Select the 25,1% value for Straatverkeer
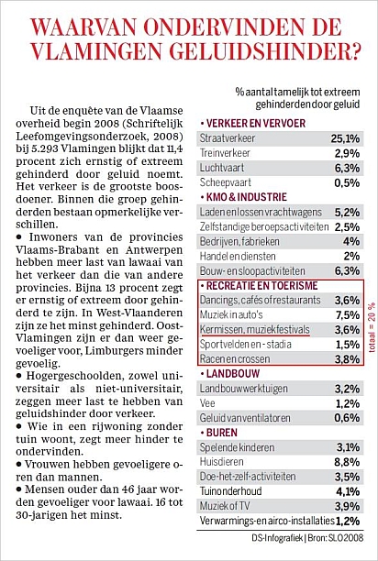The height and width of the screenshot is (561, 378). tap(345, 138)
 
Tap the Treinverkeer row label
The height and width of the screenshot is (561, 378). tap(225, 153)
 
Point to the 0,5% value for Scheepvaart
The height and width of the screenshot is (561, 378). tap(347, 182)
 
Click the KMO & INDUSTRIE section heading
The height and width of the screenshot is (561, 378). tap(246, 197)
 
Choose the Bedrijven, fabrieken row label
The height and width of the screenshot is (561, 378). tap(239, 241)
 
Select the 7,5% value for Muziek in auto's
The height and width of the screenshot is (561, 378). tap(347, 314)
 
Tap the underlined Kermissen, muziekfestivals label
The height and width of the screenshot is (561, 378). tap(255, 329)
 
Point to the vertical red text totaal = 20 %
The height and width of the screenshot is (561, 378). tap(372, 328)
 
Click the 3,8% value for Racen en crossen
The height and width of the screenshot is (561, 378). tap(347, 358)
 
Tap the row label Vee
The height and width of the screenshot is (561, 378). tap(207, 403)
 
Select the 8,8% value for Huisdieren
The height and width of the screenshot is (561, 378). tap(347, 462)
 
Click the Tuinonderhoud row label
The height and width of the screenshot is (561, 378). tap(230, 491)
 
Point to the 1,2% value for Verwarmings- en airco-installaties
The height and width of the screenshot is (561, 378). tap(348, 521)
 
